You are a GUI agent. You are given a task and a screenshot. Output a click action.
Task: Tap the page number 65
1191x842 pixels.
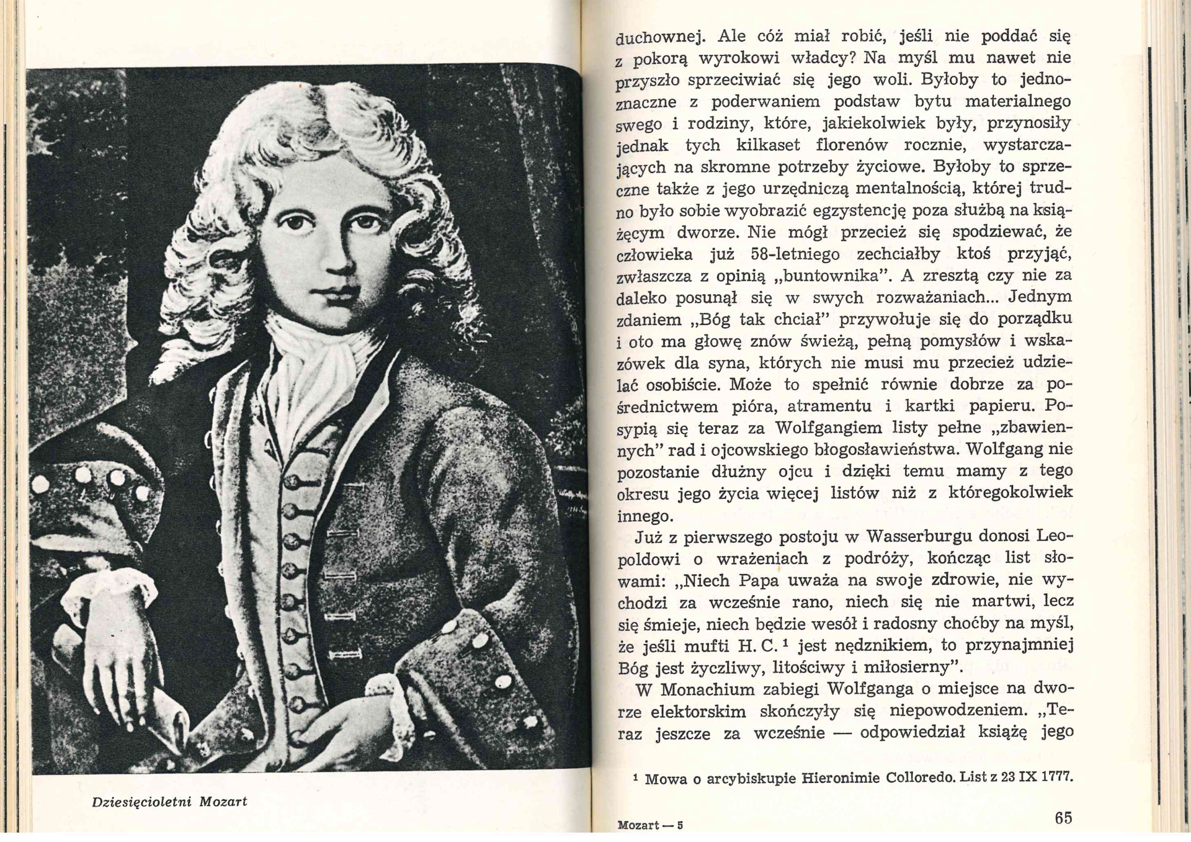tap(1063, 818)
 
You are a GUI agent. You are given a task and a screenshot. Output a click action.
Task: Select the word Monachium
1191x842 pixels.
tap(707, 689)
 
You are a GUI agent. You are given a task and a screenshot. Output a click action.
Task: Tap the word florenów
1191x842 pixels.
tap(848, 145)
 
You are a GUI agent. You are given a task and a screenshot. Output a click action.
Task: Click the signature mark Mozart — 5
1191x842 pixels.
tap(649, 825)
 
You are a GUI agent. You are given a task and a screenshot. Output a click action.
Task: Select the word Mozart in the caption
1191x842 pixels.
tap(223, 801)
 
